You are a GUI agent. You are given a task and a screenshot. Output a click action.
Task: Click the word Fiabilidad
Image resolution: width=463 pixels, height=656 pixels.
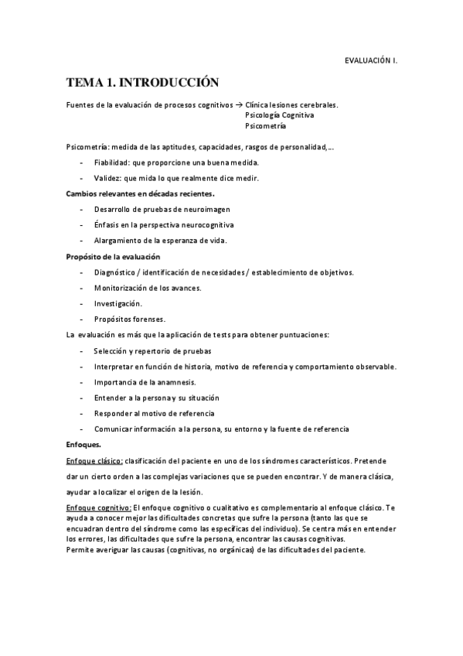tap(111, 162)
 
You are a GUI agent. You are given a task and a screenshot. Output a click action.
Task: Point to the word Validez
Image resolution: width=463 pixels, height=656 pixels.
tap(107, 178)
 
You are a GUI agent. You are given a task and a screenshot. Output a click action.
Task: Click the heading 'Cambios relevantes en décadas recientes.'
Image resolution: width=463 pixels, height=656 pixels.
tap(140, 193)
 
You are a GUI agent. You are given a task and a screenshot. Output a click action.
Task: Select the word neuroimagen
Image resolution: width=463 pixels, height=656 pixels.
tap(203, 209)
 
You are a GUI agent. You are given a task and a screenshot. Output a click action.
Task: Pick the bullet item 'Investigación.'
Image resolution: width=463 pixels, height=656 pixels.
tap(117, 303)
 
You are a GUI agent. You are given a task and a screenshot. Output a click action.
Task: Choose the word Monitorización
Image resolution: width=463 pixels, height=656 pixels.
tap(121, 288)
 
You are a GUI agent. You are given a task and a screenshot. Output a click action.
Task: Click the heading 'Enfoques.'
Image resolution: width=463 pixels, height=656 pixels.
tap(83, 444)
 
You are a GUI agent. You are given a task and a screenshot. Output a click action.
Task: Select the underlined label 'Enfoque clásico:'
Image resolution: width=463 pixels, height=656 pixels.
tap(94, 460)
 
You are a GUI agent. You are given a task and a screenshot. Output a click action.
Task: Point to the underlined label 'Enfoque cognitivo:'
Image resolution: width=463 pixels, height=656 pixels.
tap(99, 507)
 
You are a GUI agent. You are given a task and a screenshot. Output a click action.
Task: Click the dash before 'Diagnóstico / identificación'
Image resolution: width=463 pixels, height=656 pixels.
tap(82, 272)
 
